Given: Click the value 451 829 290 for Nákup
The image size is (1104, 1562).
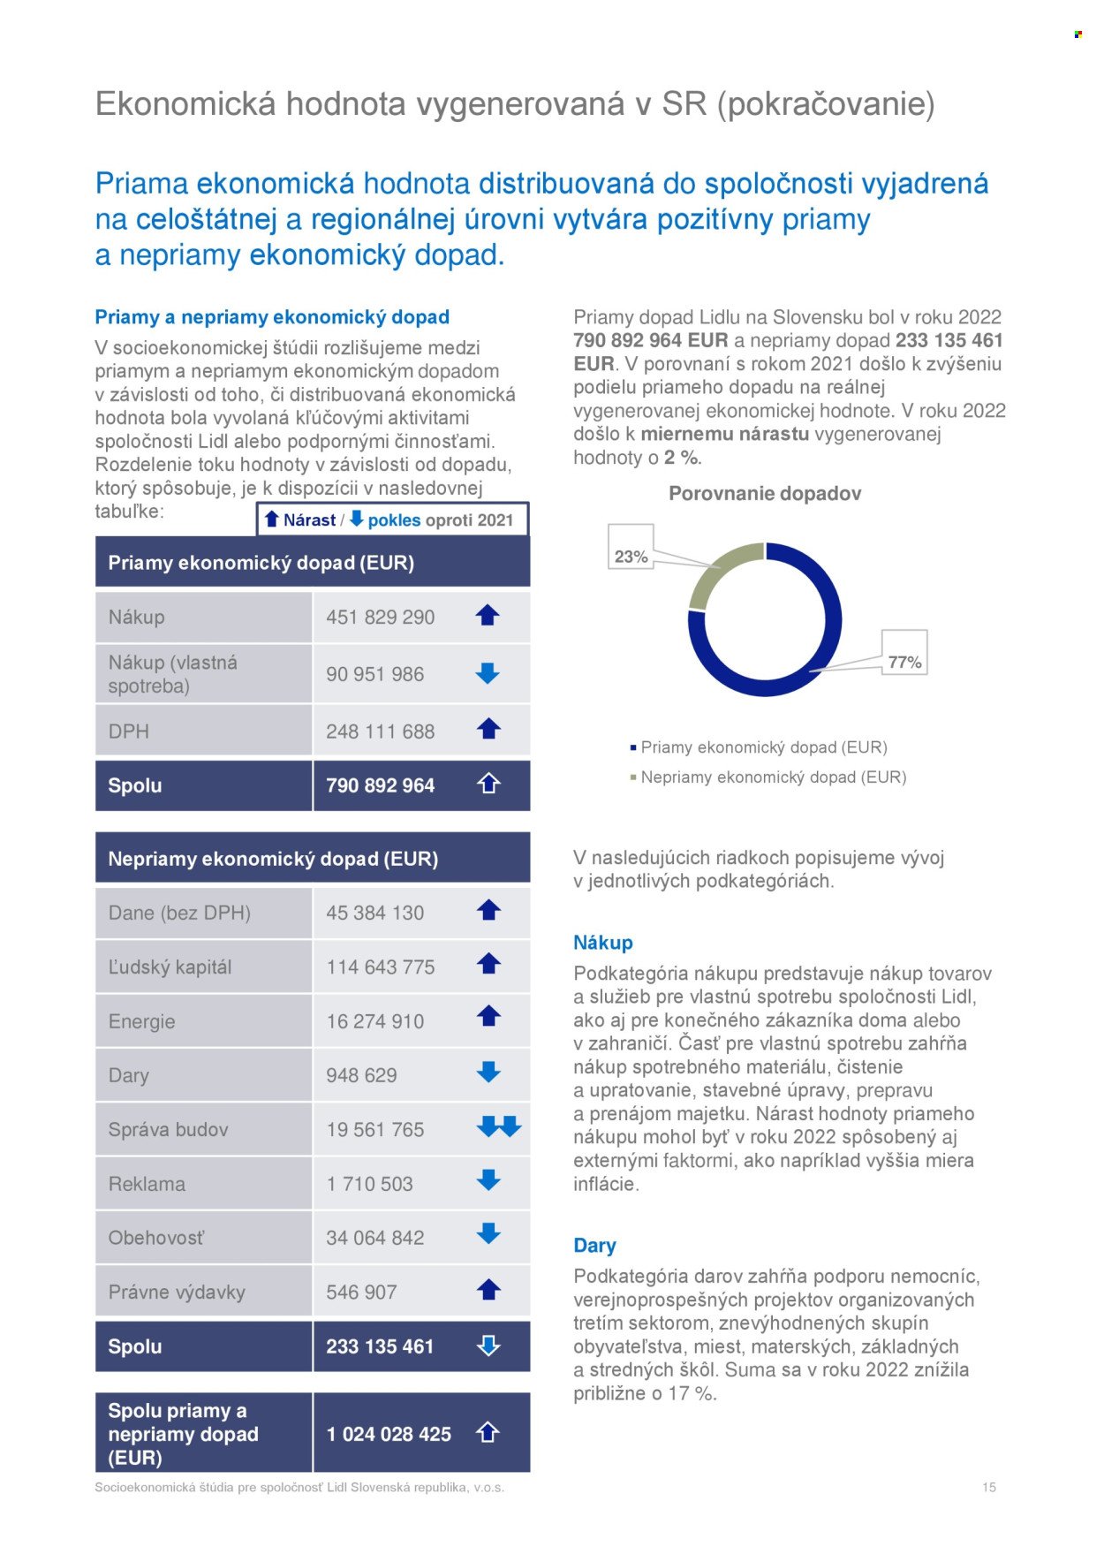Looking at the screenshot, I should (x=380, y=618).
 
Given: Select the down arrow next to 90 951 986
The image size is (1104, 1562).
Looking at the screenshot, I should (x=488, y=673).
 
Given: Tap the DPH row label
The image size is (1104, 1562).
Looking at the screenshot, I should (x=129, y=732).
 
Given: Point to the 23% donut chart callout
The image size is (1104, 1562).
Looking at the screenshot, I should (x=631, y=557).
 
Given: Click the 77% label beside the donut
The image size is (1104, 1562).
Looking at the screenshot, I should (x=904, y=662).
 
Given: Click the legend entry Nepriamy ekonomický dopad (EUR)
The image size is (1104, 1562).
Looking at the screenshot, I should (x=773, y=777).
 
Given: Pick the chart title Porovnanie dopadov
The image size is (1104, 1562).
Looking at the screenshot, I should (x=765, y=494).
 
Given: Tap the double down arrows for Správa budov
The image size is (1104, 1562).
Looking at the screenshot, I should (x=499, y=1126).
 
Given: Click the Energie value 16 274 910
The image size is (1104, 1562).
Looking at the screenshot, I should (x=374, y=1021).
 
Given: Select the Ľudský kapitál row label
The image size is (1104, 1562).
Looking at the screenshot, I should (x=170, y=967).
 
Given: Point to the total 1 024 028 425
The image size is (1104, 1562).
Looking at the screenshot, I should (x=389, y=1434).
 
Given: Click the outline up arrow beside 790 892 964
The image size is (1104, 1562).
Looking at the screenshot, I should (x=488, y=784).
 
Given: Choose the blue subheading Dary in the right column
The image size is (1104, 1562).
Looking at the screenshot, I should (x=594, y=1246).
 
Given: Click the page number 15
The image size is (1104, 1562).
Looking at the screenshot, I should (x=989, y=1488).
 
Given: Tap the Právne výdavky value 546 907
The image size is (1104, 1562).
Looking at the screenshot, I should (x=361, y=1293).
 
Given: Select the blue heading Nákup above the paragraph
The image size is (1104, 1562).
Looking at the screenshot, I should (x=603, y=943).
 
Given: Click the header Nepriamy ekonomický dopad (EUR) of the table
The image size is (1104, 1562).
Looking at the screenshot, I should (x=273, y=859).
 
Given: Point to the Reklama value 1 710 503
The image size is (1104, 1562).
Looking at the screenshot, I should (x=369, y=1184).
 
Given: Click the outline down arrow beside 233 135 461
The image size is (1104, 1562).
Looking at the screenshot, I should (x=488, y=1346).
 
